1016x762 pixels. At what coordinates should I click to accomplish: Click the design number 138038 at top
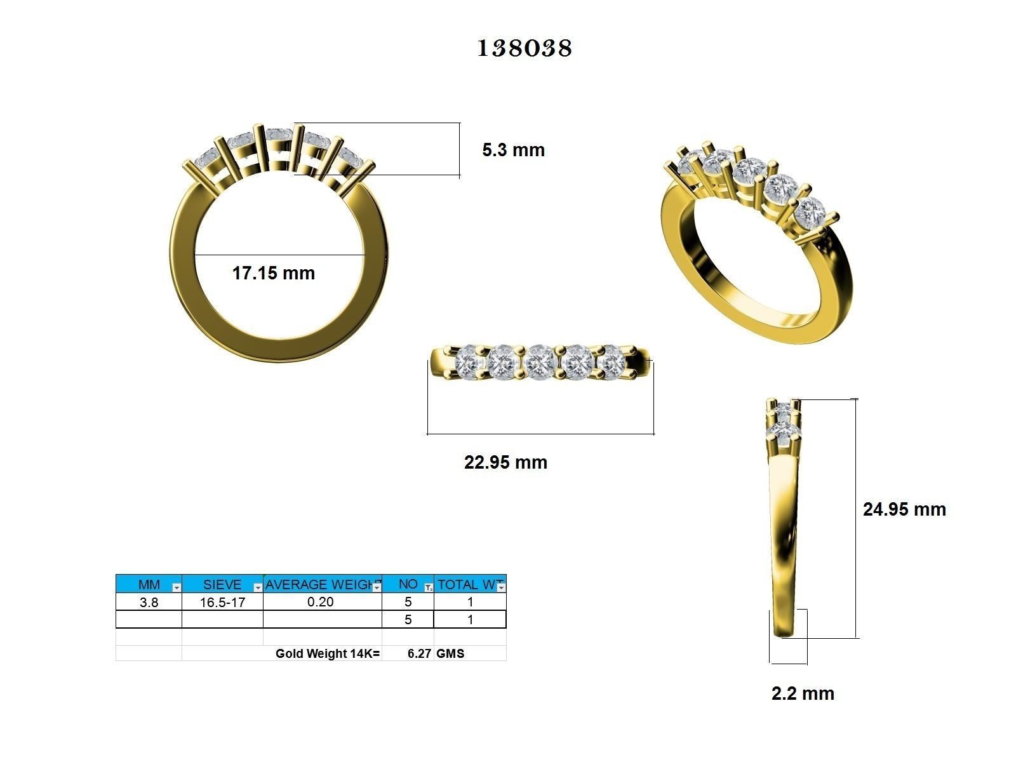pyautogui.click(x=525, y=48)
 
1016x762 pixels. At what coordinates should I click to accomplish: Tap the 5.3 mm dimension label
pyautogui.click(x=513, y=150)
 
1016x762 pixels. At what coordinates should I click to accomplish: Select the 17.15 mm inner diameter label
pyautogui.click(x=273, y=274)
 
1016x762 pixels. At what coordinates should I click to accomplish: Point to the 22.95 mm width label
pyautogui.click(x=505, y=462)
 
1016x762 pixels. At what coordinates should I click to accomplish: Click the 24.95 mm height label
pyautogui.click(x=904, y=509)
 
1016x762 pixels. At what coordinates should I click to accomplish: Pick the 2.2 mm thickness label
pyautogui.click(x=803, y=693)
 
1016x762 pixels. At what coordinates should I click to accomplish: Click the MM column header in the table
pyautogui.click(x=149, y=584)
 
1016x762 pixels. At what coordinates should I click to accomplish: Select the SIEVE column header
pyautogui.click(x=222, y=584)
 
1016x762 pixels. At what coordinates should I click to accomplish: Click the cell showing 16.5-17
pyautogui.click(x=222, y=602)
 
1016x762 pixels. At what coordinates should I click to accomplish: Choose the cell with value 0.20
pyautogui.click(x=321, y=601)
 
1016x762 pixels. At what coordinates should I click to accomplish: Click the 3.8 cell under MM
pyautogui.click(x=149, y=602)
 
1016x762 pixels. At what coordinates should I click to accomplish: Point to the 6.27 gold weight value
pyautogui.click(x=419, y=653)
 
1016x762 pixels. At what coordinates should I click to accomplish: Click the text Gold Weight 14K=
pyautogui.click(x=327, y=653)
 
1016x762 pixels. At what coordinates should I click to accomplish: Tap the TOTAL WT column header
pyautogui.click(x=469, y=584)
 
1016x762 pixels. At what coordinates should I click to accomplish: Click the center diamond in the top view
pyautogui.click(x=541, y=361)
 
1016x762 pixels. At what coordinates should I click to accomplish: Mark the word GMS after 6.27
pyautogui.click(x=450, y=653)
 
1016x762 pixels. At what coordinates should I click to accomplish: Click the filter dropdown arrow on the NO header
pyautogui.click(x=429, y=587)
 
